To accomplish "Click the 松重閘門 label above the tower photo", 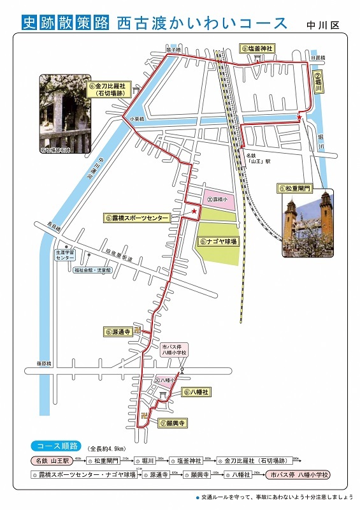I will [x=295, y=189].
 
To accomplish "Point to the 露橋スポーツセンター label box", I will [x=137, y=218].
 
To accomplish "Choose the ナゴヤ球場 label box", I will [x=217, y=242].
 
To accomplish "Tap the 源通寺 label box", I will [x=119, y=331].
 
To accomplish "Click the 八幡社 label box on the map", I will [x=196, y=392].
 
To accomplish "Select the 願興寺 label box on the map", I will [x=172, y=423].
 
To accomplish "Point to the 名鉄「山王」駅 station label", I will [x=257, y=158].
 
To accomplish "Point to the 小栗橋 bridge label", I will [x=135, y=119].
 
